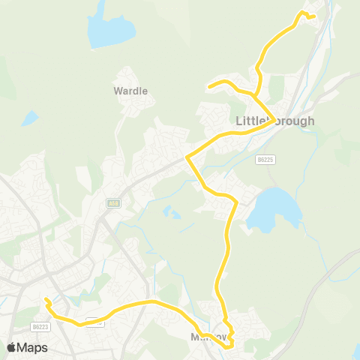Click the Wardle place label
pos(130,91)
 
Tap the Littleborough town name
pos(275,121)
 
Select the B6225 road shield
pos(264,160)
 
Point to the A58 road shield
pos(113,202)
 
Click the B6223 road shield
pos(40,326)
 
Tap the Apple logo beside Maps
pos(11,347)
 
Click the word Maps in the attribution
pos(32,347)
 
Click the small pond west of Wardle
pos(29,118)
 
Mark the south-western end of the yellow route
pos(46,300)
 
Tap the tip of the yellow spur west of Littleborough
pos(208,86)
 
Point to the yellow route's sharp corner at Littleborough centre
pos(272,118)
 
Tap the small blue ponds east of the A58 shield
pos(172,214)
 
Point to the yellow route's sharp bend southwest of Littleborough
pos(187,157)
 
